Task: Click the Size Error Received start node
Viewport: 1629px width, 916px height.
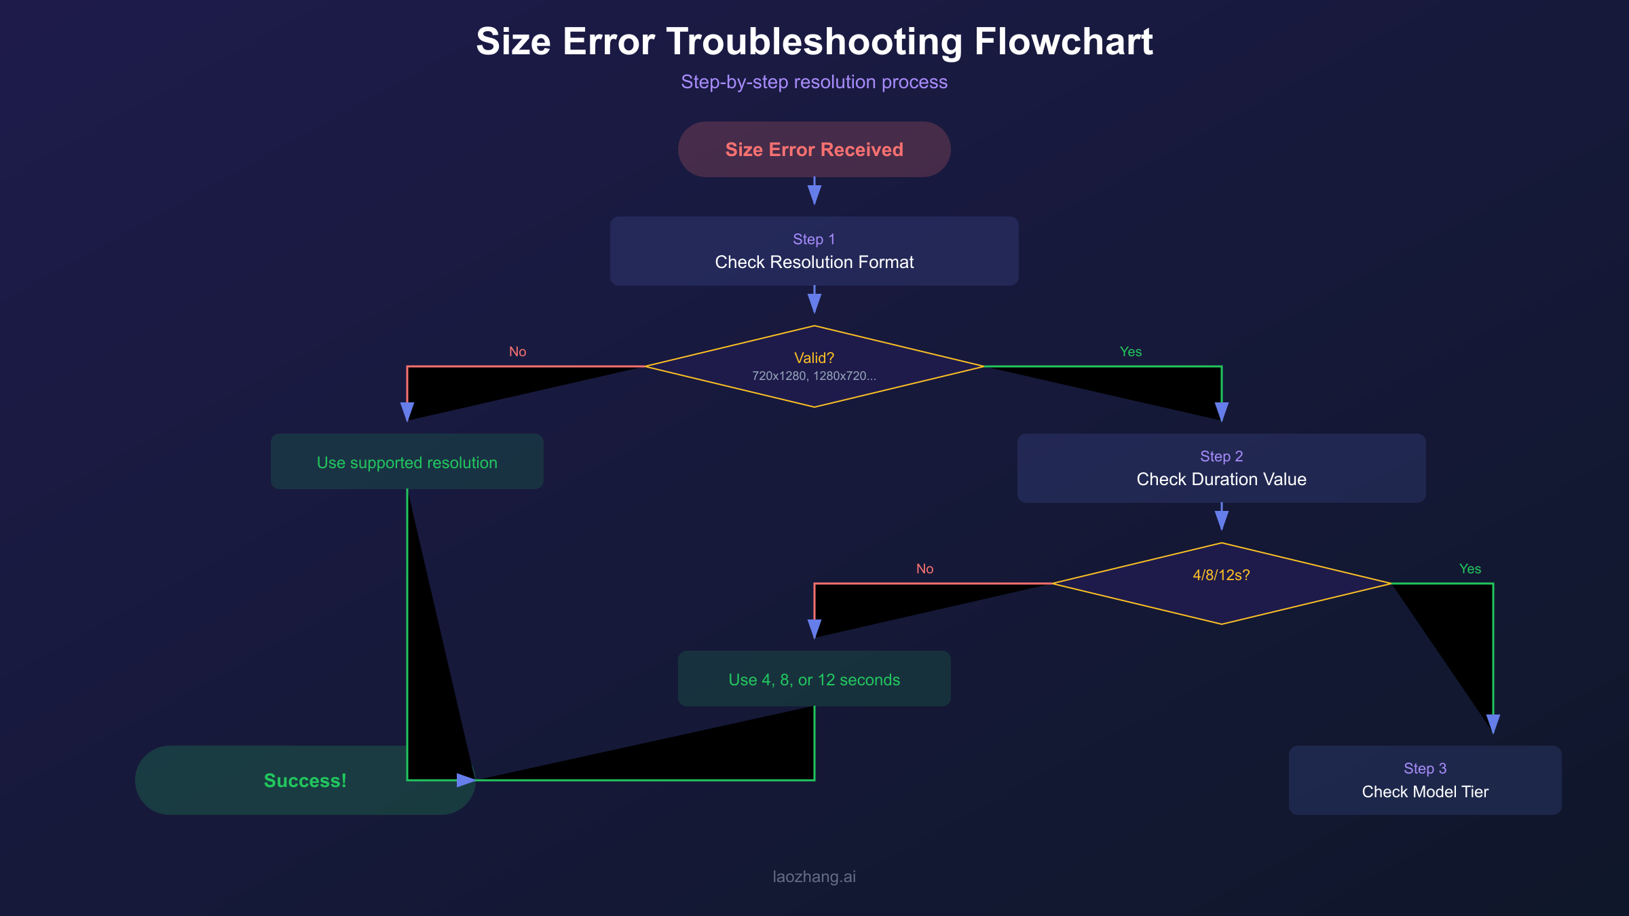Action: coord(814,149)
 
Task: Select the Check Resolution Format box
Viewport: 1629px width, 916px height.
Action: coord(814,251)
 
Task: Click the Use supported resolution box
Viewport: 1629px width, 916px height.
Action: coord(407,462)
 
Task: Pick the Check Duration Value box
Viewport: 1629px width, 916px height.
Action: coord(1221,468)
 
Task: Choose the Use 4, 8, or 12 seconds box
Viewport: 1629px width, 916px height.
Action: coord(814,679)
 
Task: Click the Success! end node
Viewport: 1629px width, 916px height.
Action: coord(305,780)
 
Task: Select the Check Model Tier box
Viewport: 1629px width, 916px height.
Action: coord(1425,780)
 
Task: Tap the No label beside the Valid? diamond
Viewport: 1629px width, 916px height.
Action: coord(518,351)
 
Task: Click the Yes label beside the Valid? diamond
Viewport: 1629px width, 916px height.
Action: coord(1131,351)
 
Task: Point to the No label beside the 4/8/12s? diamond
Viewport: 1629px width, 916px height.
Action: coord(925,569)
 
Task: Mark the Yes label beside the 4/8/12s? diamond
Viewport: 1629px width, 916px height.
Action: coord(1470,569)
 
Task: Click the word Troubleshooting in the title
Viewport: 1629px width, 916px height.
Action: coord(814,42)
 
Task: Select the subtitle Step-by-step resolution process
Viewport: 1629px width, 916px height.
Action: coord(814,82)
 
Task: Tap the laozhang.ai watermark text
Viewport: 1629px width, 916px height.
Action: coord(814,877)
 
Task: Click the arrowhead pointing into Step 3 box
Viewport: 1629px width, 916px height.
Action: coord(1493,723)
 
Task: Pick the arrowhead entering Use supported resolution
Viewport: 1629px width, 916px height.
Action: coord(407,411)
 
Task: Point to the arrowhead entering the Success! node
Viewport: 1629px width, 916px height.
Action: coord(466,780)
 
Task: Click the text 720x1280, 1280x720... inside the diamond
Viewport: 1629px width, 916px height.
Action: coord(814,376)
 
